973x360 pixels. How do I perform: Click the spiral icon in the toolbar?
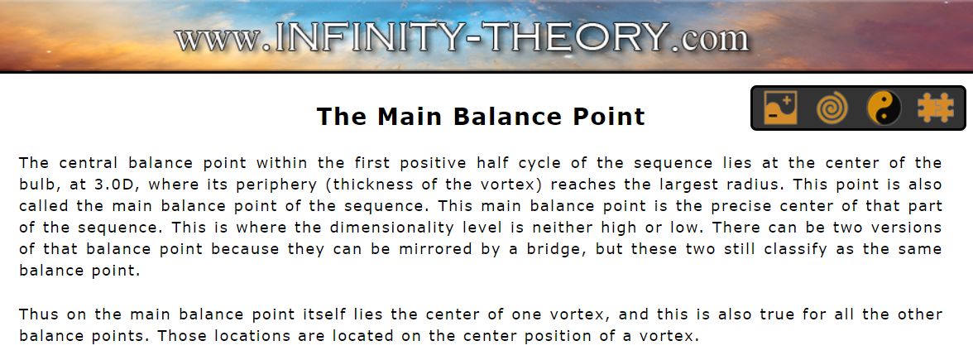[832, 108]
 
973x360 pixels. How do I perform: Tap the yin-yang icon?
[884, 108]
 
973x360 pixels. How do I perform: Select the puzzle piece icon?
[935, 108]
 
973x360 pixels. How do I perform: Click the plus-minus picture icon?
[781, 108]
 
